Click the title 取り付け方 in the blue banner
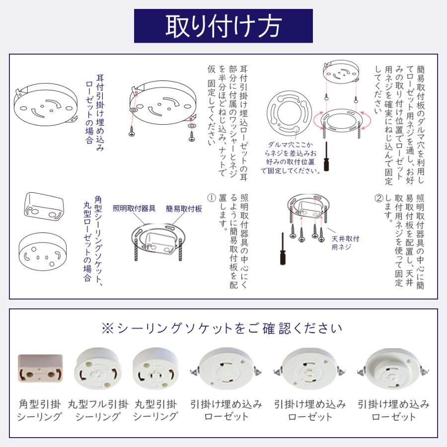coord(223,26)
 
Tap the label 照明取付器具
coord(134,209)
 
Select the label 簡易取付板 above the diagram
coord(184,209)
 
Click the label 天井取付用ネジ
coord(345,242)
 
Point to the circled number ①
coord(212,198)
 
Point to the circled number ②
coord(378,198)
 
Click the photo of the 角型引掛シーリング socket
coord(40,369)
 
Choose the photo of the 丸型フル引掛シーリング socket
coord(98,369)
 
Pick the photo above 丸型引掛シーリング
coord(155,369)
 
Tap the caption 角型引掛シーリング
coord(40,410)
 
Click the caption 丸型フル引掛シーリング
coord(98,410)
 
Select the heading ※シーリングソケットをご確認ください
coord(222,328)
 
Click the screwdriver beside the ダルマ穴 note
coord(326,156)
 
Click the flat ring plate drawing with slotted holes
coord(290,113)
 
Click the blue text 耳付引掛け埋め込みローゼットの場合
coord(95,113)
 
